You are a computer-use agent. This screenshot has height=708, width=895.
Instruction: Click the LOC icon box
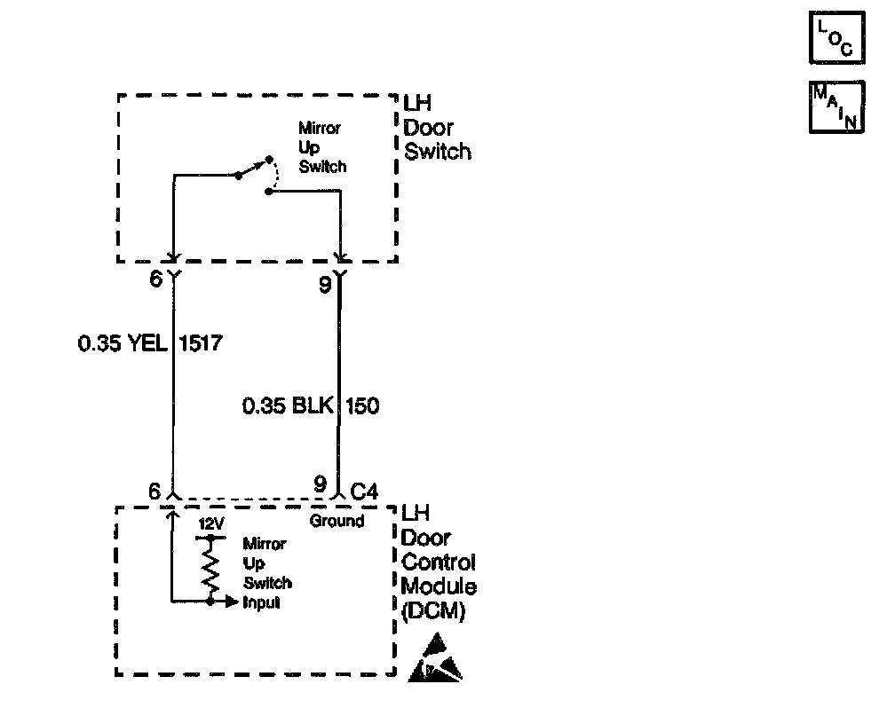click(x=836, y=38)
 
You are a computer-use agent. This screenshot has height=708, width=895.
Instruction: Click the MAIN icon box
click(x=836, y=107)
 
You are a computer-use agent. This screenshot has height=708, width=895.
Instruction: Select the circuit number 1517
click(x=199, y=342)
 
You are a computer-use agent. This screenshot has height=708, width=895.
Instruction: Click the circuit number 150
click(x=361, y=406)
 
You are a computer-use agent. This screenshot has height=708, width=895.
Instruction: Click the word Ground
click(x=337, y=521)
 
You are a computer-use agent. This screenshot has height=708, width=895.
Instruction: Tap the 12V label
click(x=210, y=523)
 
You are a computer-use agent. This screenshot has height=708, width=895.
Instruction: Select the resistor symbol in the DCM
click(x=210, y=569)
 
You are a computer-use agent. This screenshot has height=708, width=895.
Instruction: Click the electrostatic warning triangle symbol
click(x=435, y=657)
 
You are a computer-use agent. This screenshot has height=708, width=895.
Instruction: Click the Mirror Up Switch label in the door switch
click(x=322, y=146)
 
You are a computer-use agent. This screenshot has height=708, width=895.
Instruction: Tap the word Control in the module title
click(x=438, y=562)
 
